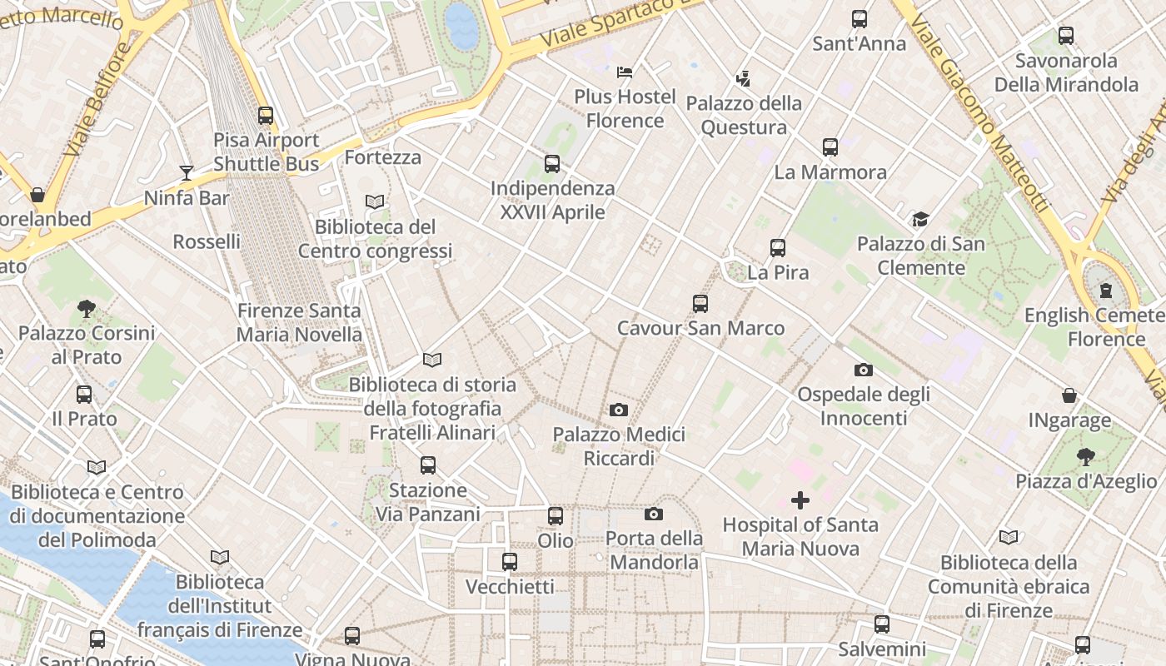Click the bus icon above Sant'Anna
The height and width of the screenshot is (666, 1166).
coord(859,19)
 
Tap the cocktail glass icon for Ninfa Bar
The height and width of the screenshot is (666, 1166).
coord(187,173)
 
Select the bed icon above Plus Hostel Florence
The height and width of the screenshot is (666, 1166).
coord(625,72)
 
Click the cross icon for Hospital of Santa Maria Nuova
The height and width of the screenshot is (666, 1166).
coord(800,500)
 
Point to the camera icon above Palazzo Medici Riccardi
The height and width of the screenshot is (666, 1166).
coord(618,410)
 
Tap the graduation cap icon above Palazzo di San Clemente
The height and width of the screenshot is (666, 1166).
coord(920,219)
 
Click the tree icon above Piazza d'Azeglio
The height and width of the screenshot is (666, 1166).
coord(1085,456)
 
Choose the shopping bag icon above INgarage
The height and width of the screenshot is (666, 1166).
coord(1069,395)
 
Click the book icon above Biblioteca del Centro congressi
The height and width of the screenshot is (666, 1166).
coord(375,201)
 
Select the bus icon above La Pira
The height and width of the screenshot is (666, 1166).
coord(777,247)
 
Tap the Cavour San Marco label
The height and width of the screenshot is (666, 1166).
coord(700,328)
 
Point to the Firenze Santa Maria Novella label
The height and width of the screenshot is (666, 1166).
coord(299,323)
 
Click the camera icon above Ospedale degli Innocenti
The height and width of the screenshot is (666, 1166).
coord(863,370)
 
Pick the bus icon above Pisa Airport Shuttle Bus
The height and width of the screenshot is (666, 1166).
coord(266,116)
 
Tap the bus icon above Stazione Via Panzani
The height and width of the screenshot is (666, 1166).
coord(428,465)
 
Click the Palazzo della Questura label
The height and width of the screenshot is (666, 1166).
coord(744,115)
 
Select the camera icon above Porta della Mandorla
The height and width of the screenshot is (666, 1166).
coord(654,514)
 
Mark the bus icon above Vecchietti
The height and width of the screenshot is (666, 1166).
coord(510,562)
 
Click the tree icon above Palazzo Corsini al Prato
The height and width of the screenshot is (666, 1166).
coord(86,309)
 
